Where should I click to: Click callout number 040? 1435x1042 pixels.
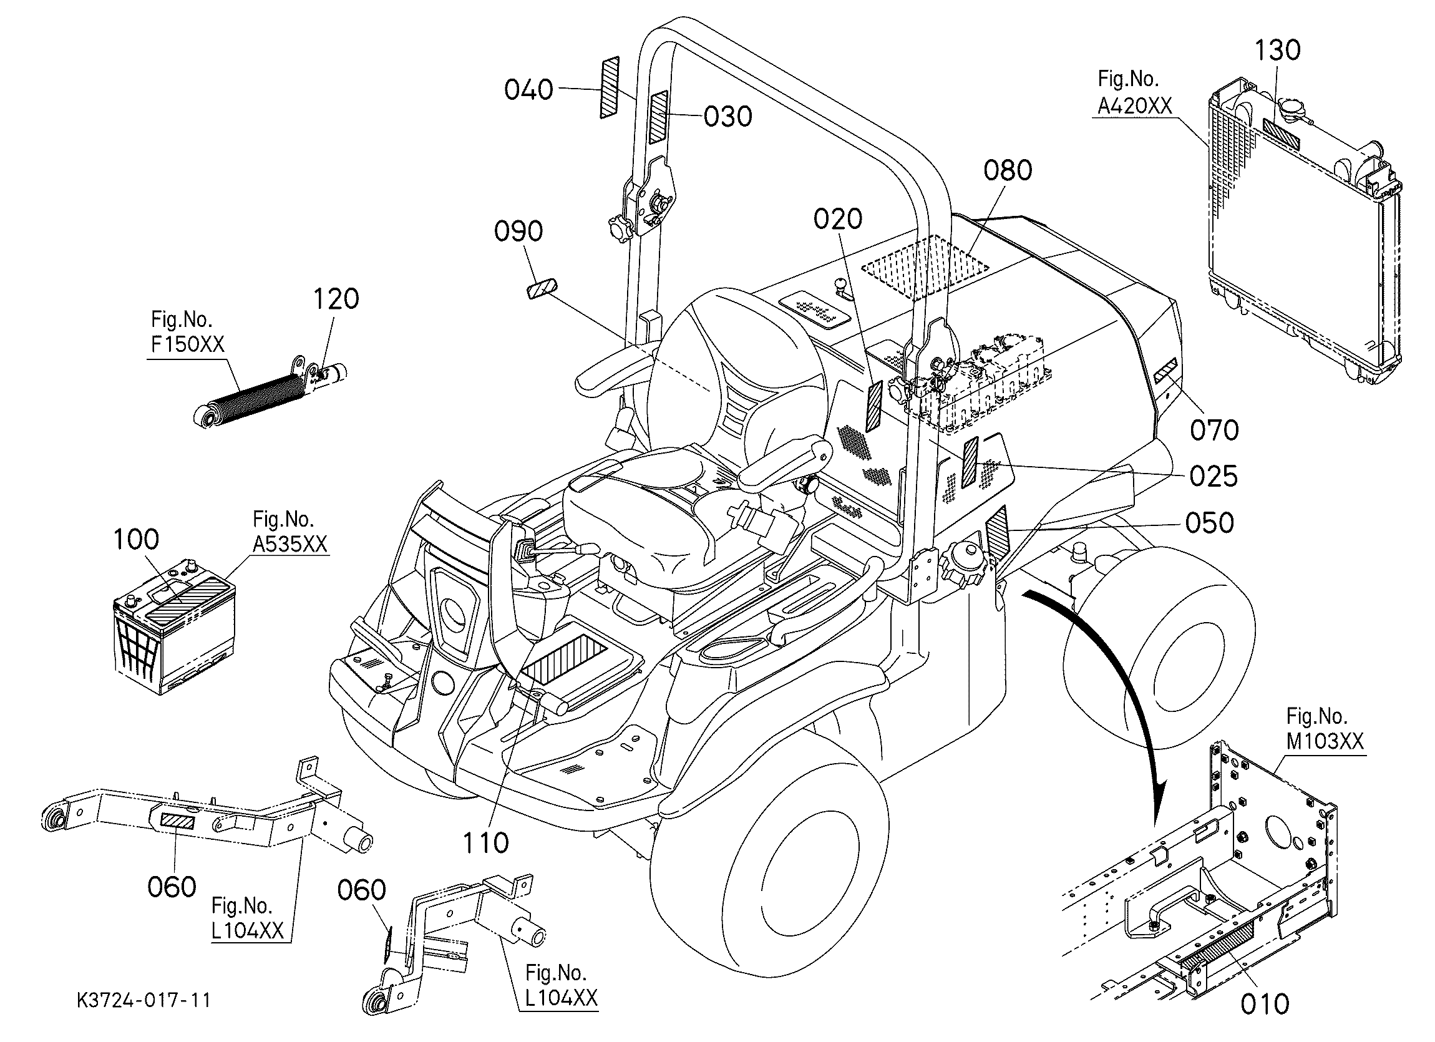click(x=529, y=90)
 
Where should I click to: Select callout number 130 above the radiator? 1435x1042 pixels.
click(x=1277, y=50)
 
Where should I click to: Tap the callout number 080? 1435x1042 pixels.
click(x=1008, y=170)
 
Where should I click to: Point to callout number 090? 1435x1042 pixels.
click(x=518, y=231)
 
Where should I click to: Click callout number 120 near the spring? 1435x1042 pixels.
click(x=336, y=299)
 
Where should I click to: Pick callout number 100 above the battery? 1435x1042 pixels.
click(x=135, y=540)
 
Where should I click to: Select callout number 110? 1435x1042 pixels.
click(x=485, y=843)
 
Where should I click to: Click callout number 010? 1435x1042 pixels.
click(x=1264, y=1004)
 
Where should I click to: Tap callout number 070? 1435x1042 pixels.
click(x=1214, y=430)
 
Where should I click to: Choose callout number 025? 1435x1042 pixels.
click(x=1213, y=477)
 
